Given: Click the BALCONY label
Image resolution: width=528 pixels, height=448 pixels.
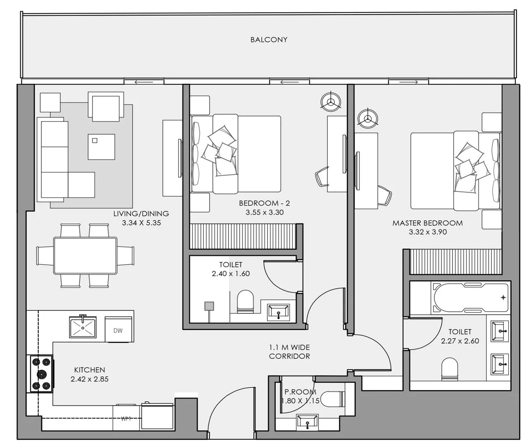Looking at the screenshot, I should tap(269, 40).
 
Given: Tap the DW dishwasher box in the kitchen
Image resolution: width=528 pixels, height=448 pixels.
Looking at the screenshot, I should tap(118, 330).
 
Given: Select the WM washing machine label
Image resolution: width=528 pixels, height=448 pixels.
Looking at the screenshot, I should tap(126, 419).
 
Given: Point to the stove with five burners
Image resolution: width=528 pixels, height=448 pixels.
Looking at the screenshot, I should tap(41, 374).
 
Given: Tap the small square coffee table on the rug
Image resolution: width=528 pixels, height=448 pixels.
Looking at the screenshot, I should tap(101, 147).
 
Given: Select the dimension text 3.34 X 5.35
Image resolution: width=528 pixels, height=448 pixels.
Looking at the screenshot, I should tap(141, 223).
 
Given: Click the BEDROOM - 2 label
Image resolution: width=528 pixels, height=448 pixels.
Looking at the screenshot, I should tap(264, 203).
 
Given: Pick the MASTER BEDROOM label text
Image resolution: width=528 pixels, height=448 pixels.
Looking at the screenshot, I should tap(427, 223).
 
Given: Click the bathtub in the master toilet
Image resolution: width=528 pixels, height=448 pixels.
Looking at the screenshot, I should tap(469, 297).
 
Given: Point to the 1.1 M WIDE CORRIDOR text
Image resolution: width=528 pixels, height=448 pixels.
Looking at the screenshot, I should tap(289, 352).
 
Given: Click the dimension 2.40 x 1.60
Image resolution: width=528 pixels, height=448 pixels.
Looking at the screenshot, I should tap(231, 273).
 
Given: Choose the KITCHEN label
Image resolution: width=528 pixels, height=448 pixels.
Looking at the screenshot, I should tap(90, 370).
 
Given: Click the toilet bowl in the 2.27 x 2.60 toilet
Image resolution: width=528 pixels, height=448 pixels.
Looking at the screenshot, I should tap(450, 369).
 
